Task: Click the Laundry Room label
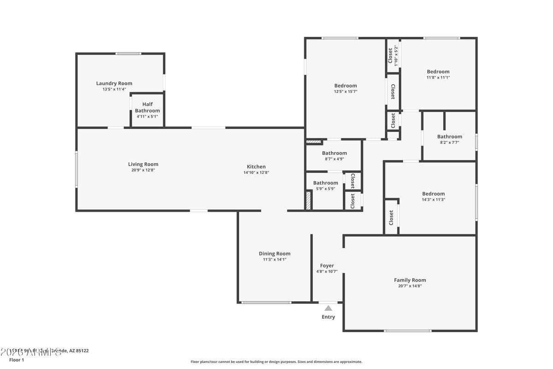click(x=114, y=83)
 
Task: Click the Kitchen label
click(x=256, y=167)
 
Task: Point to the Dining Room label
click(x=275, y=253)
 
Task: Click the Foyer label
click(x=327, y=266)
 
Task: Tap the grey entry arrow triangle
click(x=328, y=308)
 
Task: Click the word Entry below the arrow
click(x=328, y=317)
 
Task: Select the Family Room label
click(x=410, y=280)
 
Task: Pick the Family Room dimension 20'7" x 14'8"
click(x=410, y=286)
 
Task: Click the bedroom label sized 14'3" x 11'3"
click(x=434, y=194)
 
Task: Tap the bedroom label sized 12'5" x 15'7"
click(x=346, y=85)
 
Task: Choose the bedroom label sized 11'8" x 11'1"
click(x=438, y=71)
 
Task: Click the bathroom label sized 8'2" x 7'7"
click(x=449, y=137)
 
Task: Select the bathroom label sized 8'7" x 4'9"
click(x=334, y=153)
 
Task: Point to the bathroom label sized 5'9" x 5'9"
click(x=325, y=183)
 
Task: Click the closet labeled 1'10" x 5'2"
click(x=393, y=55)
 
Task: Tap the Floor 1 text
click(x=16, y=360)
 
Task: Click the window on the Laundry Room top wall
click(x=129, y=54)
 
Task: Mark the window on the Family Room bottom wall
click(x=408, y=331)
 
